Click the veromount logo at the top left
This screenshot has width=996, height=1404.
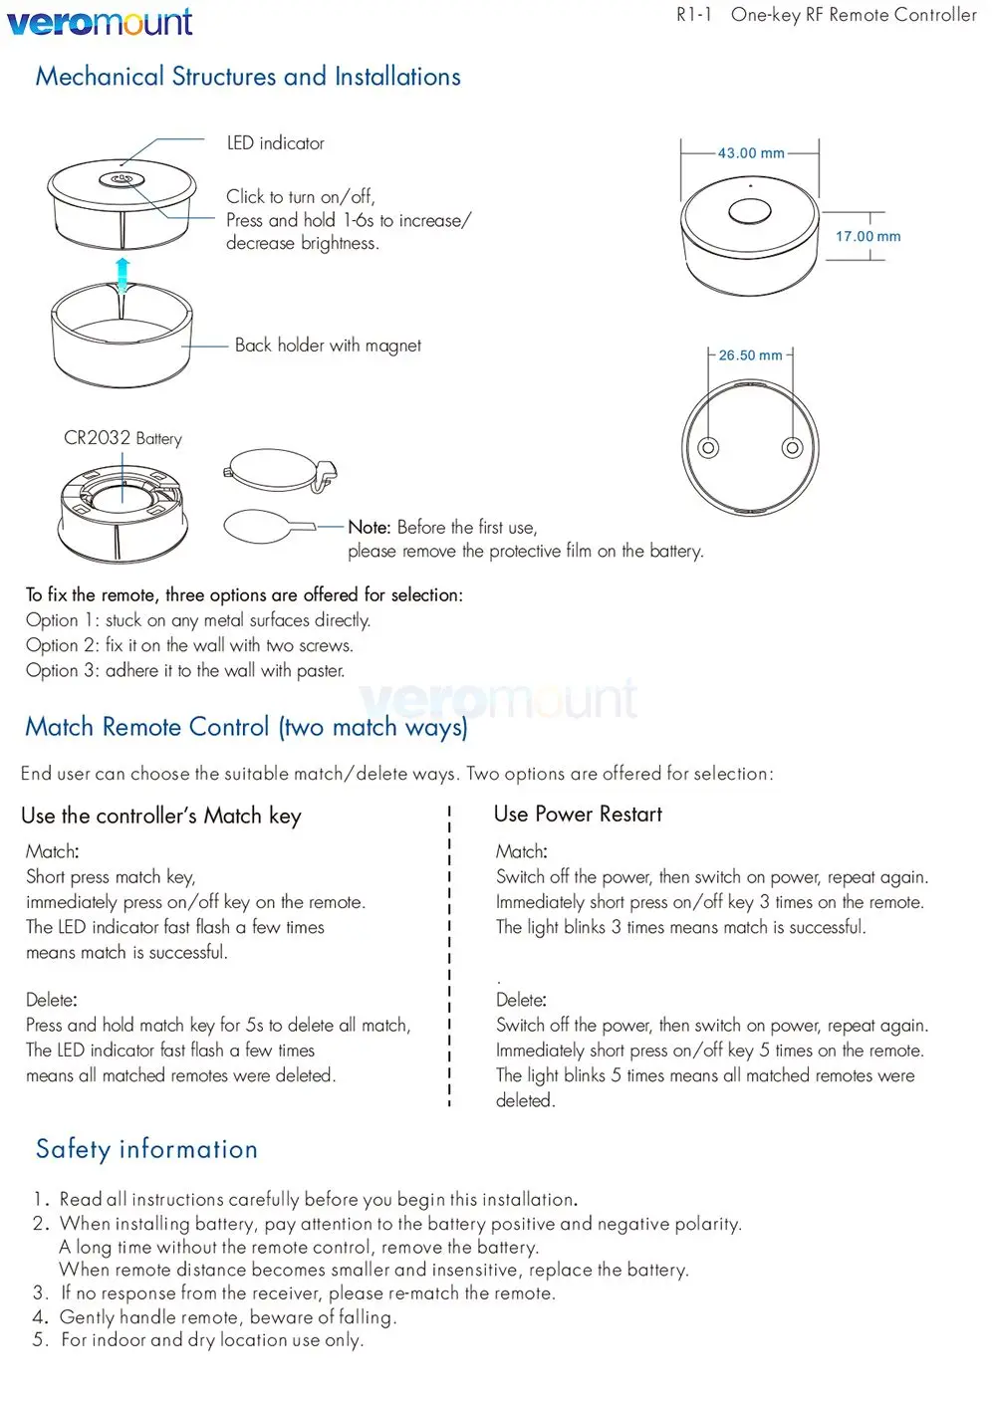click(x=100, y=21)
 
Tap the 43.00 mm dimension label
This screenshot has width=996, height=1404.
click(x=751, y=153)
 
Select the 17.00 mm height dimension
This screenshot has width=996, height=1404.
click(x=868, y=237)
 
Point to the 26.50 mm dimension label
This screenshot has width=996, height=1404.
click(x=750, y=355)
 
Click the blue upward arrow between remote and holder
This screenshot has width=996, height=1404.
click(x=123, y=273)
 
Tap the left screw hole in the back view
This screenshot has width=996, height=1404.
click(x=708, y=447)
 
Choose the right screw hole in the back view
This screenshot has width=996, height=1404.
click(x=792, y=447)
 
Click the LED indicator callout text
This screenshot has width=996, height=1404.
click(x=276, y=143)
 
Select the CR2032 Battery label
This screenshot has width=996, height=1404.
click(x=123, y=438)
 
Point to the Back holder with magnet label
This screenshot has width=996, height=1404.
click(x=328, y=346)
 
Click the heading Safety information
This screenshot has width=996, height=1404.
click(x=146, y=1149)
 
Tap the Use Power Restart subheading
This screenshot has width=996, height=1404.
click(x=578, y=815)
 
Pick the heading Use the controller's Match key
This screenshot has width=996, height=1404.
click(x=161, y=817)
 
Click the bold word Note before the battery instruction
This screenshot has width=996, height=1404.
click(x=368, y=528)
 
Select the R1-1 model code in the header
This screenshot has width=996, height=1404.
click(x=693, y=15)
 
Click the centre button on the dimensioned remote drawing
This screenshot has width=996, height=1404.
click(x=749, y=211)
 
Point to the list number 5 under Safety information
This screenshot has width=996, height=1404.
click(x=40, y=1340)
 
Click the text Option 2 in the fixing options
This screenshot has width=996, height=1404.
click(x=62, y=645)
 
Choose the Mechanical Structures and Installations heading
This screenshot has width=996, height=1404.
click(x=248, y=77)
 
